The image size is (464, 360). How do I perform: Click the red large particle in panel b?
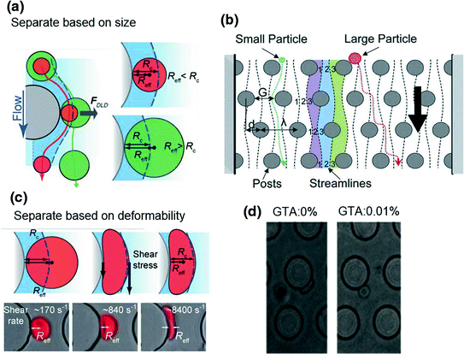[355, 58]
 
